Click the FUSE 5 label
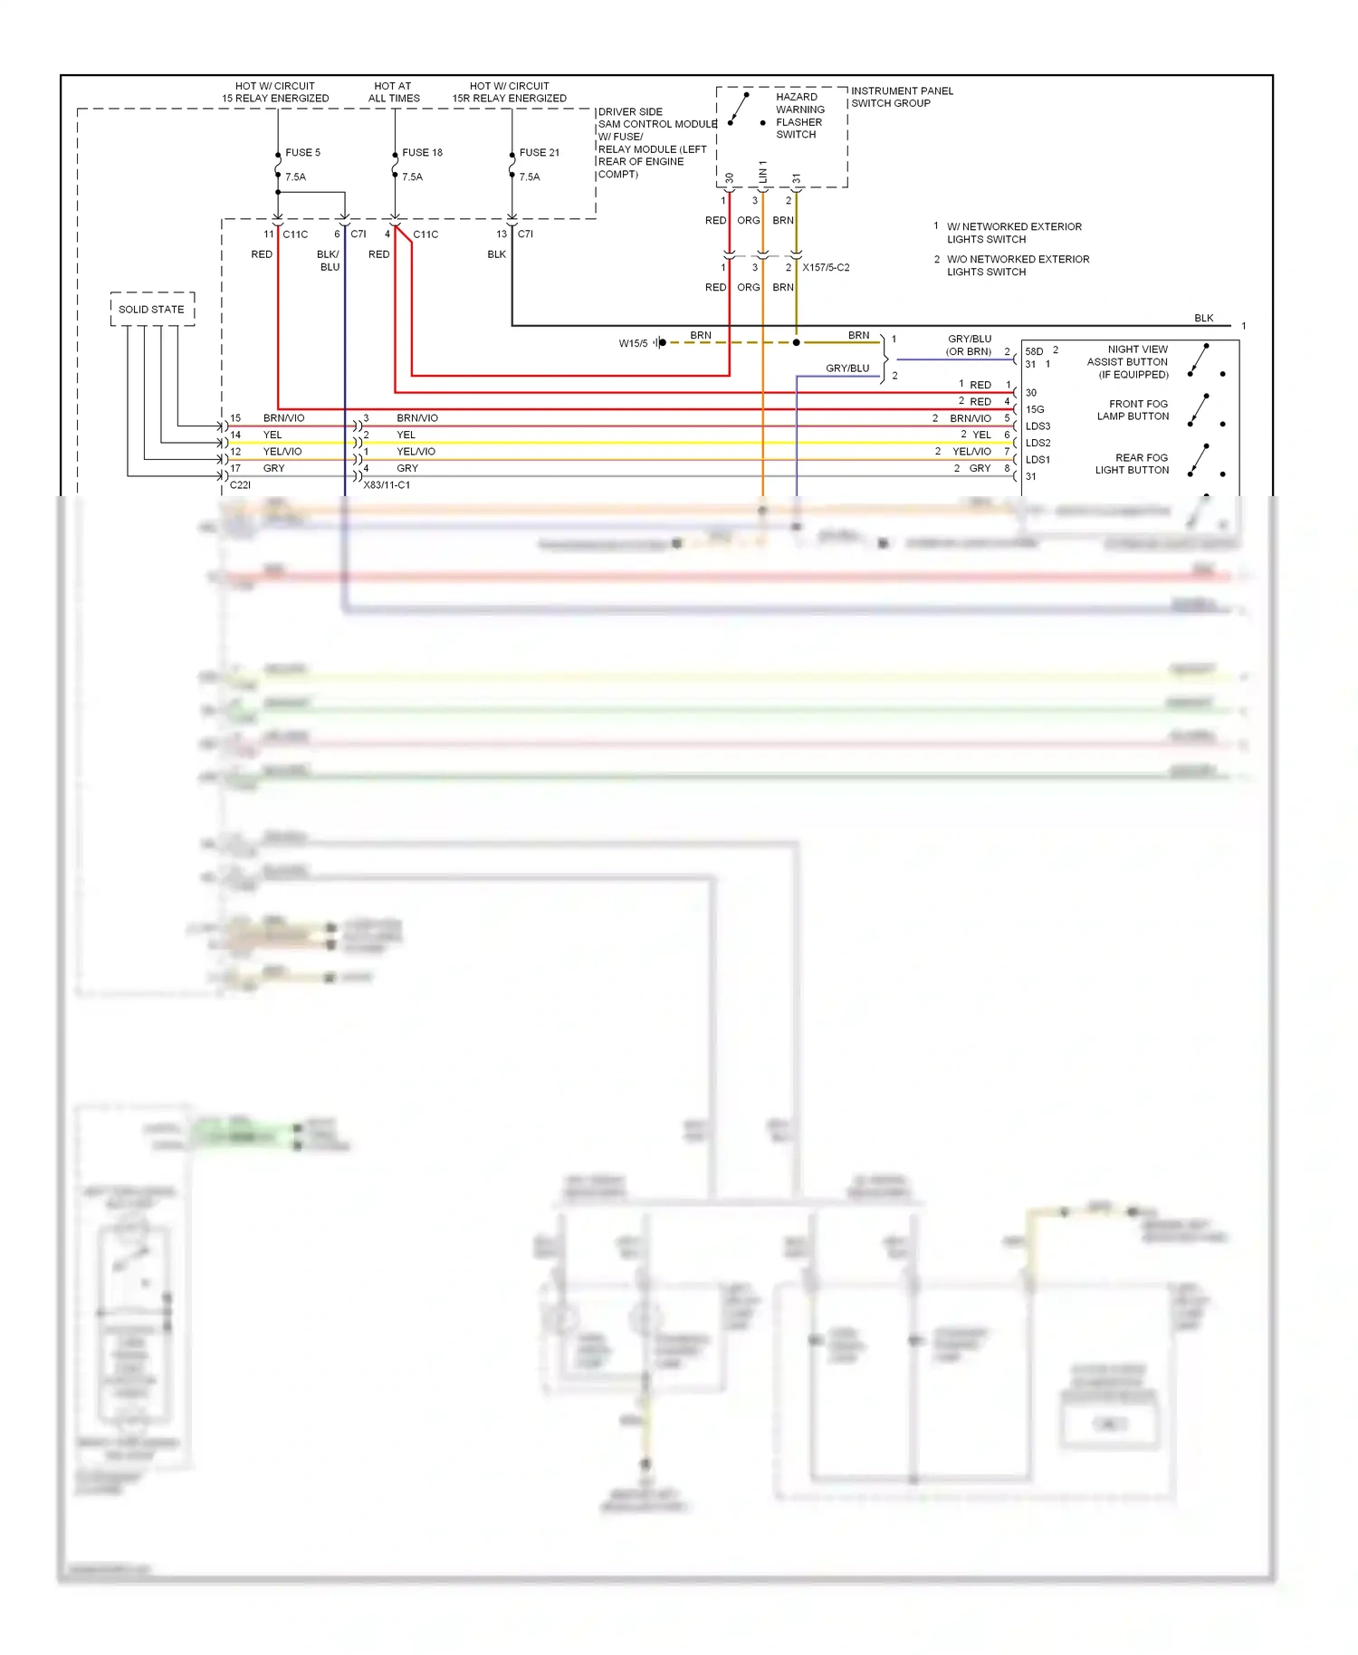(302, 152)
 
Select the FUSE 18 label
(422, 152)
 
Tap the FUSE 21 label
(540, 152)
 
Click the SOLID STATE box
(152, 309)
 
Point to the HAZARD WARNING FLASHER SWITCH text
(799, 115)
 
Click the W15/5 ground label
(633, 343)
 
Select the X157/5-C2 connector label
(826, 267)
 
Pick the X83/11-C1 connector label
(387, 484)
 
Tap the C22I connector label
(240, 484)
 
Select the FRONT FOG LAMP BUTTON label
(1133, 410)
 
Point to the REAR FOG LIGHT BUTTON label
(1132, 464)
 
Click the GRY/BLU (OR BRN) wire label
(969, 345)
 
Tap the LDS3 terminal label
(1038, 426)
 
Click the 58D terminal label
(1034, 351)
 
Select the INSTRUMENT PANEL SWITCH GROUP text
(901, 97)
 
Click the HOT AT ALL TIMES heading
(394, 91)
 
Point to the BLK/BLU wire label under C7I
(329, 260)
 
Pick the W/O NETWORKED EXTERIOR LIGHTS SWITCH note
(1018, 265)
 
